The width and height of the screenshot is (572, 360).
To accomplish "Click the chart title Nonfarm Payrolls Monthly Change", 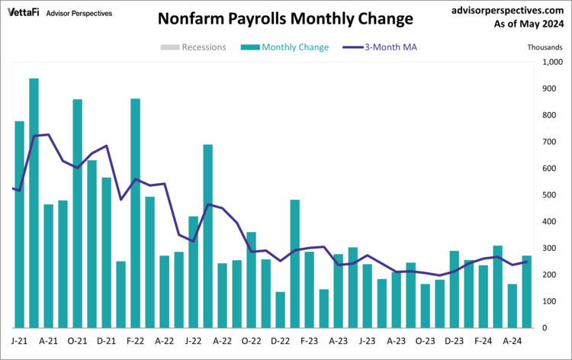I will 286,18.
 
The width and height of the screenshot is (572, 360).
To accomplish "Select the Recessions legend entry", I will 194,47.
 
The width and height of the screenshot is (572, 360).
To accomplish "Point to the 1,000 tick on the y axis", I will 551,63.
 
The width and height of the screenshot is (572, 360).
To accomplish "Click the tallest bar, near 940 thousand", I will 34,203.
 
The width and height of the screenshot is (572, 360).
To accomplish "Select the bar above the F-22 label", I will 135,214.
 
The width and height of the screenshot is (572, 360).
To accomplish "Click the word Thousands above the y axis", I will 545,47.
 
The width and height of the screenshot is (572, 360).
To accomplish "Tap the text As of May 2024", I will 527,25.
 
